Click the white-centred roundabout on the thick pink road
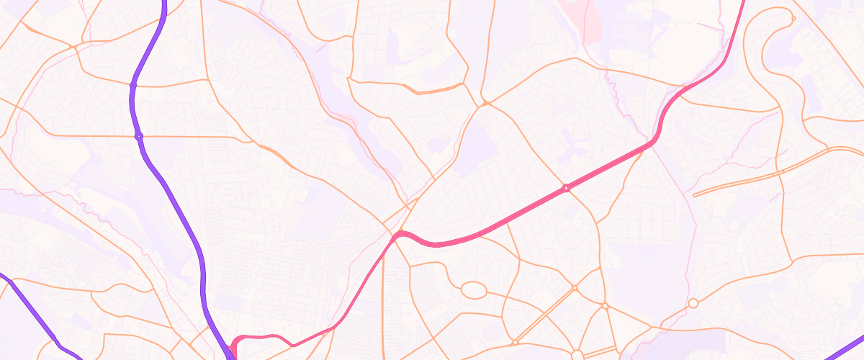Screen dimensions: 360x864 pos(567,188)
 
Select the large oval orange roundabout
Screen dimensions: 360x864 pos(473,291)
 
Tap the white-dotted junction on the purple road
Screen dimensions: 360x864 pos(138,135)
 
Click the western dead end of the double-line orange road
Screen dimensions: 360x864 pos(694,195)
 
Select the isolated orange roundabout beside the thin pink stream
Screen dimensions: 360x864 pos(693,304)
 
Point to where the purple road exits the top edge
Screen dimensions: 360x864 pos(165,3)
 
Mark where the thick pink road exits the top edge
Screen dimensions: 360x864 pos(743,3)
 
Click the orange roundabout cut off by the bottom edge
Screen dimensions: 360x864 pos(577,355)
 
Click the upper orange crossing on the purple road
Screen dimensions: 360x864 pos(133,85)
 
